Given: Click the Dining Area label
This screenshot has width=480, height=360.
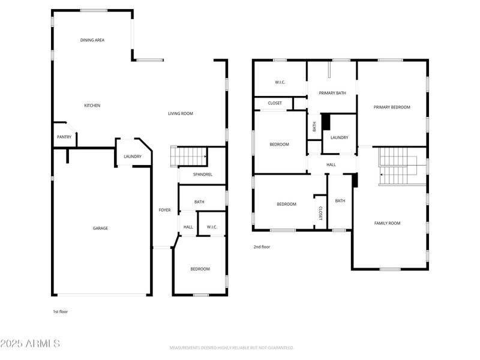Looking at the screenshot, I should [92, 40].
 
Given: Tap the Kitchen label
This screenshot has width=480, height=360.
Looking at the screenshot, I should [92, 106].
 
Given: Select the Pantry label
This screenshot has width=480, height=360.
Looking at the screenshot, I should [64, 137].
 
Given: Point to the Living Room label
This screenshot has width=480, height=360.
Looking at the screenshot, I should [180, 113].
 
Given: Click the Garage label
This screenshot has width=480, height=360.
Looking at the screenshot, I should [100, 228].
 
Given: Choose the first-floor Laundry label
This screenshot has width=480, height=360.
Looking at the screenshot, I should [133, 157].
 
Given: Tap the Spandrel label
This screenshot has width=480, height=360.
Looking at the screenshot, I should [202, 175].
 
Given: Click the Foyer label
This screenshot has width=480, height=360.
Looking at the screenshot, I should [164, 210].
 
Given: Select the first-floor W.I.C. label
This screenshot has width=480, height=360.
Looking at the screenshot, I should [212, 227].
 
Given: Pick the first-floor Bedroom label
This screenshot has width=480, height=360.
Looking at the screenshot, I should [200, 269].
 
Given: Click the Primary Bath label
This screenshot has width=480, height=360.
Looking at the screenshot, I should [332, 93].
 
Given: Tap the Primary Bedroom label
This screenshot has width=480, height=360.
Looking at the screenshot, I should [392, 107].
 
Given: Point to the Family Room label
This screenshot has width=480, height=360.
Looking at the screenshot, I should [387, 223].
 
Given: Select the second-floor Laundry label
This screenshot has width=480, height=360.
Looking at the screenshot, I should [339, 137].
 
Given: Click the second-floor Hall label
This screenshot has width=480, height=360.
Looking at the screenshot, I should [331, 164].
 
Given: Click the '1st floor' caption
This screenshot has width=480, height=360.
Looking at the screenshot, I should [61, 311].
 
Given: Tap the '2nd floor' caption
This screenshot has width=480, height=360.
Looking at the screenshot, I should [262, 247].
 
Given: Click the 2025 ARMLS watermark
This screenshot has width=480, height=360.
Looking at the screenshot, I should [30, 344].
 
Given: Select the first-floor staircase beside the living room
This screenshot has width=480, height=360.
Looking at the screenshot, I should [188, 156].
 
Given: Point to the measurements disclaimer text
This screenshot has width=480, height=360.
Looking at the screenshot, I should [231, 348].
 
